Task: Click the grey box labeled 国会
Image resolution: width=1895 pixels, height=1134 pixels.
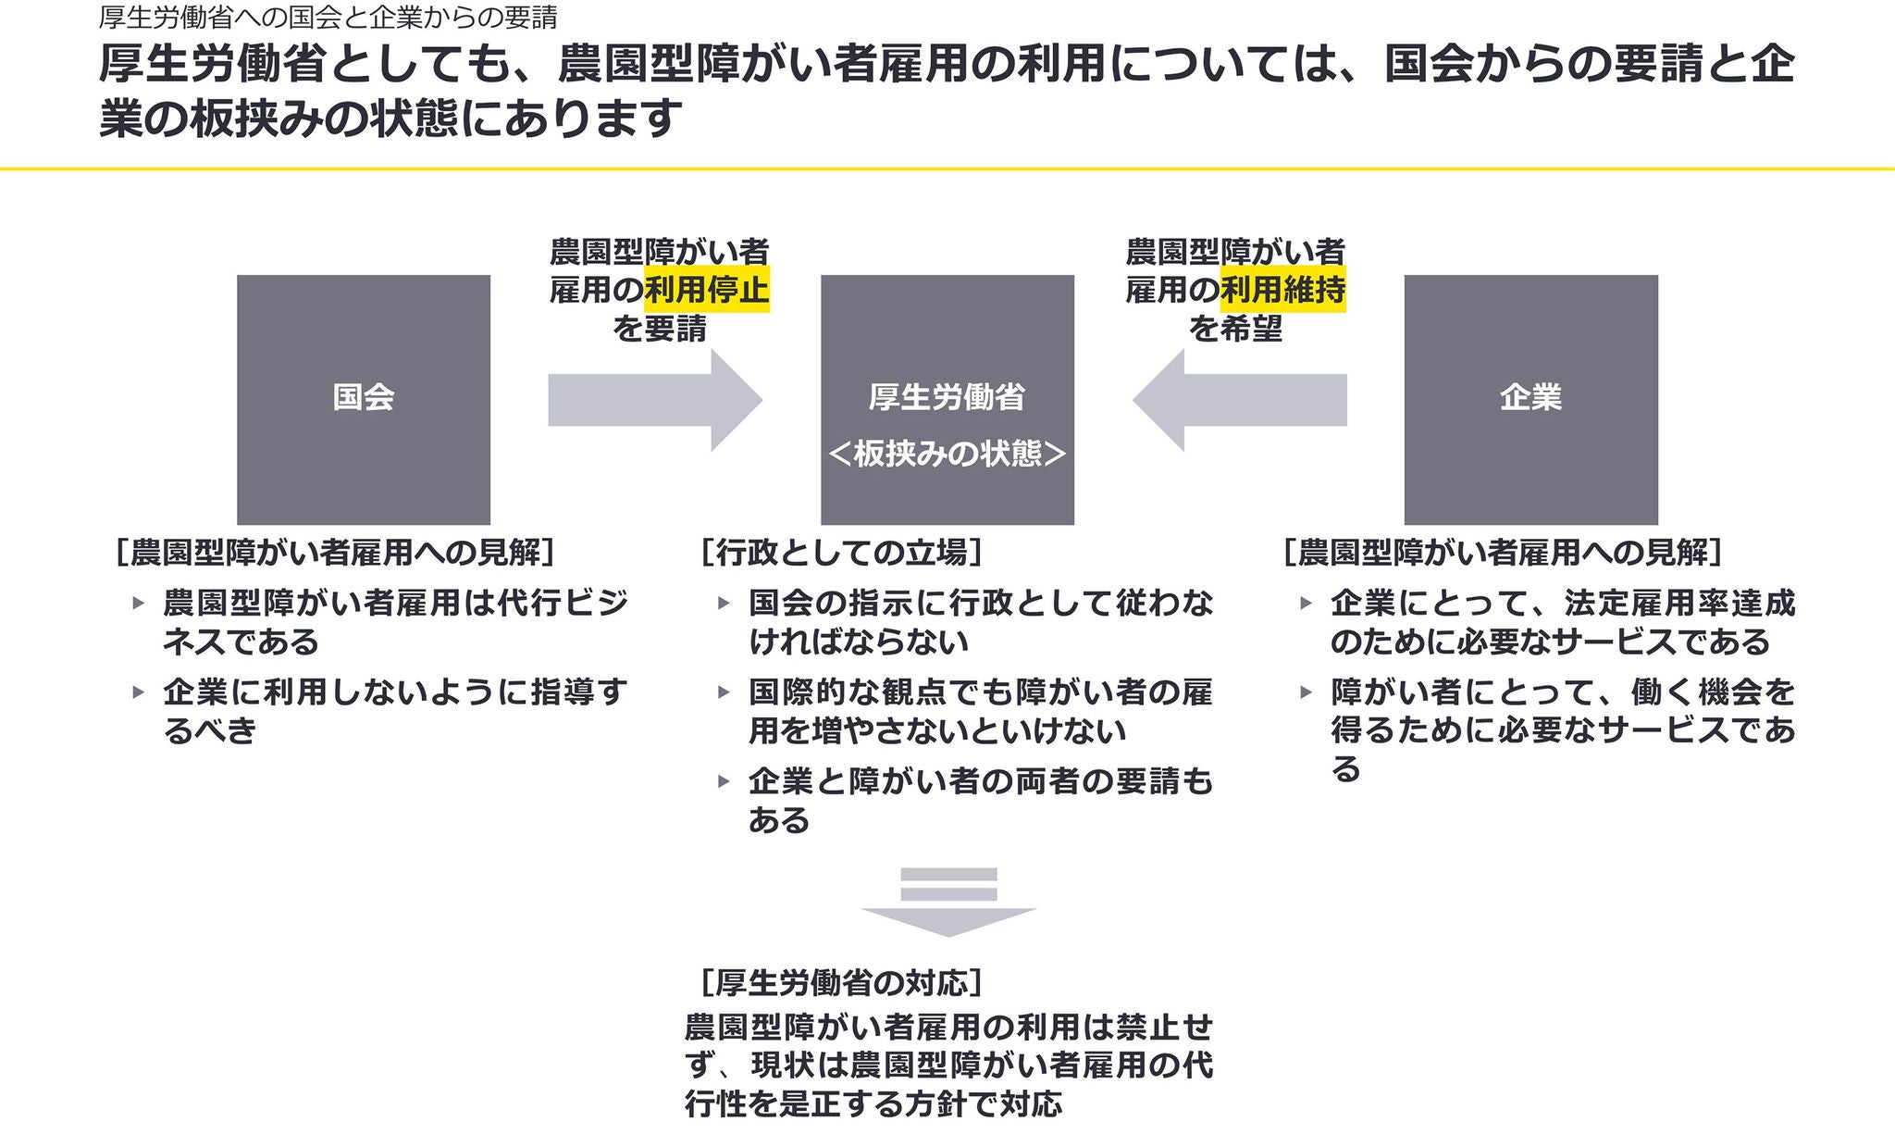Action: pos(364,399)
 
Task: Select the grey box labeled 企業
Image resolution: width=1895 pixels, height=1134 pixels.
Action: pos(1530,399)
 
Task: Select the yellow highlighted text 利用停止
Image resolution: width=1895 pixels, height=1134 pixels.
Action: pos(707,291)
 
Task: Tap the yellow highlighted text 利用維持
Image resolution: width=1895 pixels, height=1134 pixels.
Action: pos(1283,291)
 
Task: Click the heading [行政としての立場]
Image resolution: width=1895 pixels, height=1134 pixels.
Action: pos(841,553)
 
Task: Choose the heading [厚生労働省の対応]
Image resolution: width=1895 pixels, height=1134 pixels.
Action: pos(841,981)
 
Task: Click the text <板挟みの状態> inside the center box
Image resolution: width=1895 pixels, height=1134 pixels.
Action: pos(947,454)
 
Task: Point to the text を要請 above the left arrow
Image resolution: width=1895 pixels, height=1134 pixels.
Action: pos(659,329)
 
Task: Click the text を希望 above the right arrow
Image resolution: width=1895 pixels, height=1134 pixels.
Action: pos(1235,329)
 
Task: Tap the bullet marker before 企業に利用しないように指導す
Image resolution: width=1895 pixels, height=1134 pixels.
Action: pos(139,692)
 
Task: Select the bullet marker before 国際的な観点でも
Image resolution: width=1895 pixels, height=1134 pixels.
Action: pos(724,692)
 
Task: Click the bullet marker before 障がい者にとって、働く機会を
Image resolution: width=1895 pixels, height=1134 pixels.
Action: pos(1307,692)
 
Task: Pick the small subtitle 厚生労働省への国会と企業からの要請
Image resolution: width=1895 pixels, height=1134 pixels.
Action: pos(328,17)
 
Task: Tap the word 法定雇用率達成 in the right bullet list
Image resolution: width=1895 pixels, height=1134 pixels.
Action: pos(1679,604)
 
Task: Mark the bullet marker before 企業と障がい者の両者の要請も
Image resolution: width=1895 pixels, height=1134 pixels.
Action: pos(724,781)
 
